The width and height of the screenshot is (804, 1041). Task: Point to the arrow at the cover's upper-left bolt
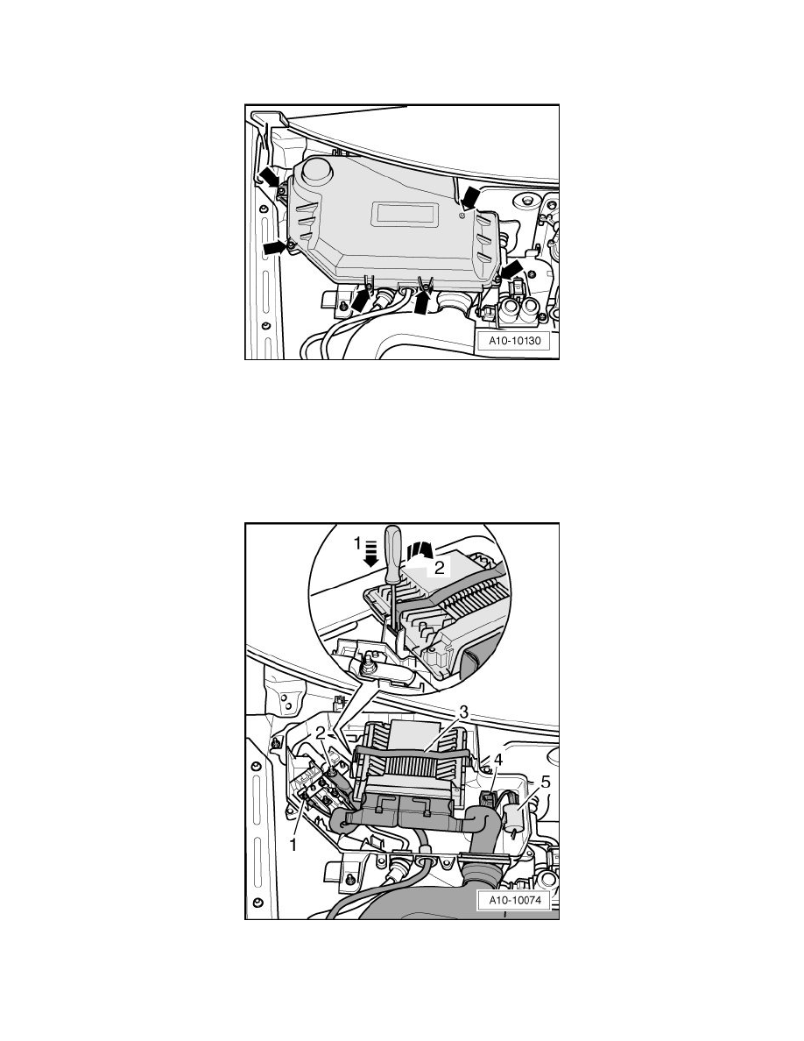click(x=271, y=178)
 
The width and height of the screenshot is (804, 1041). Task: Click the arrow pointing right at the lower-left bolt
click(x=275, y=248)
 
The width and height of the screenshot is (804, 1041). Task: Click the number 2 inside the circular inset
click(x=441, y=568)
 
